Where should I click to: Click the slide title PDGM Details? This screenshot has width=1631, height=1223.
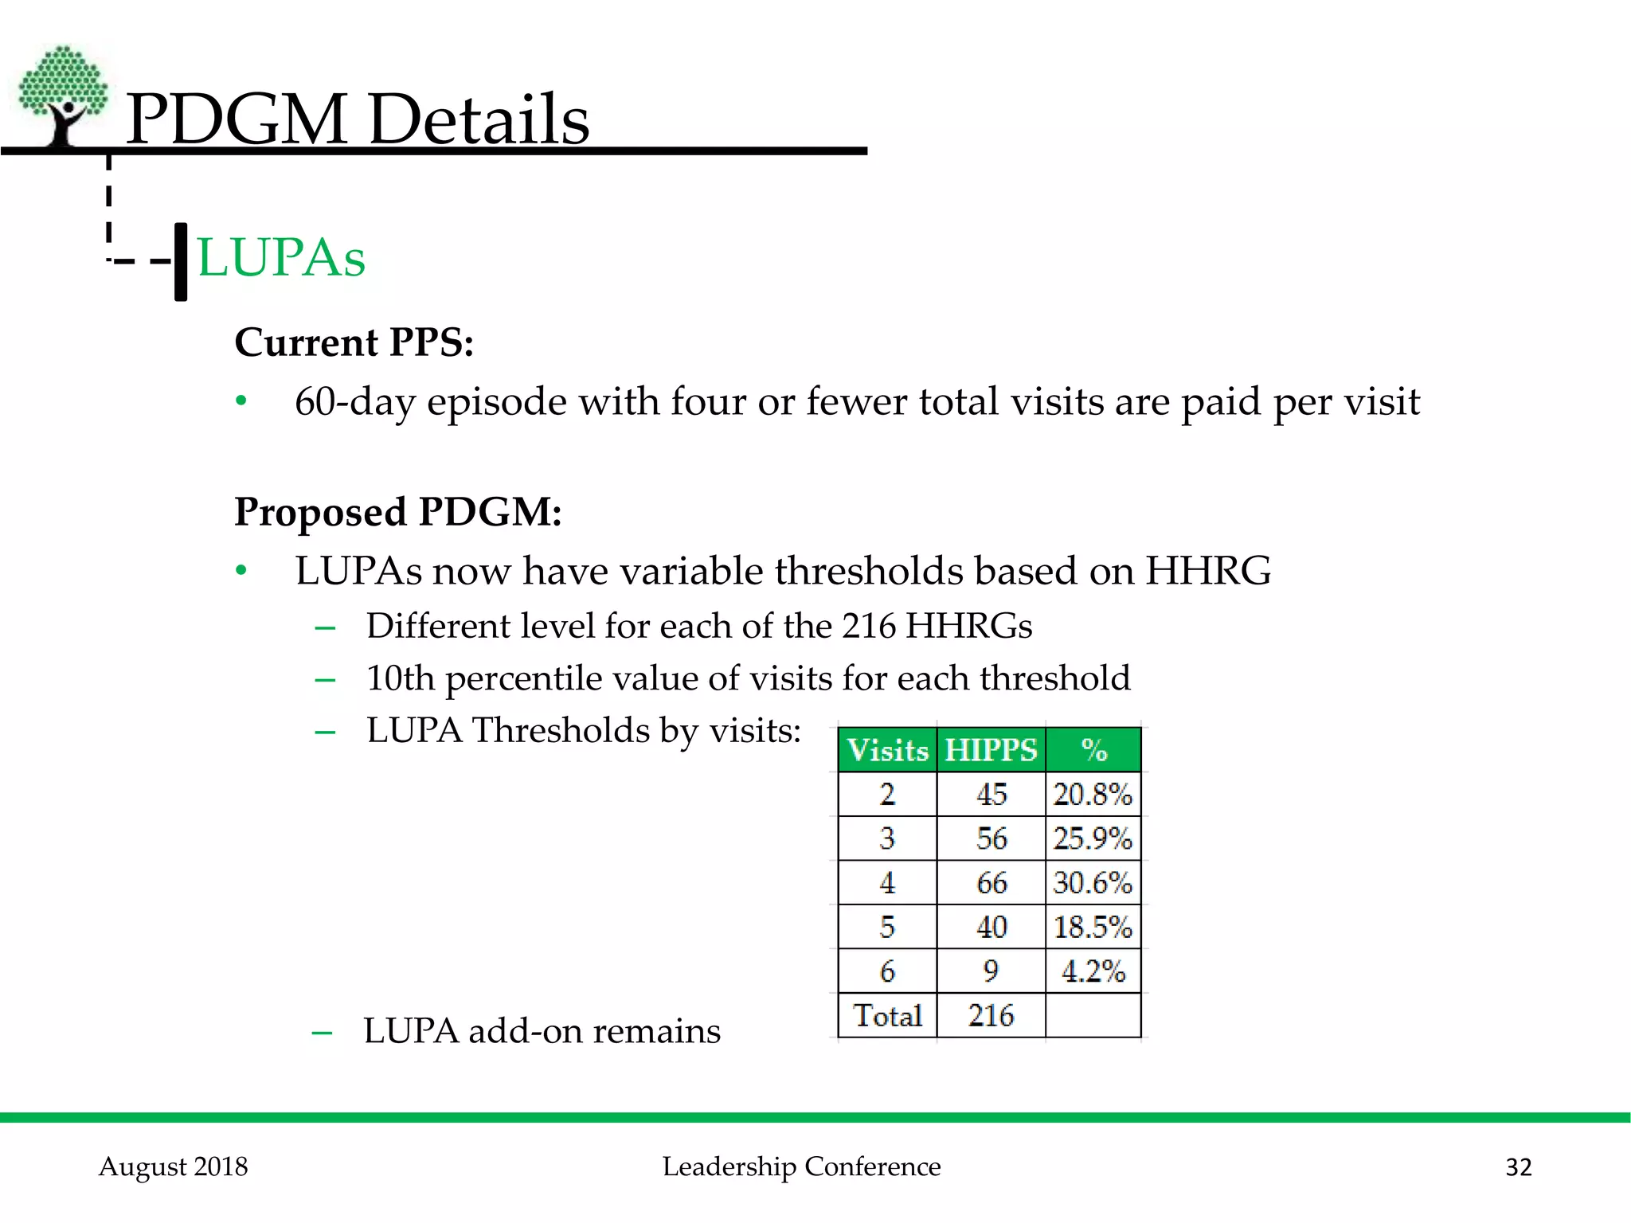[358, 119]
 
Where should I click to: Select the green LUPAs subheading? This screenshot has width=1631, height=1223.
[281, 257]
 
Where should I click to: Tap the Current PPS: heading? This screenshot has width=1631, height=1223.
[354, 342]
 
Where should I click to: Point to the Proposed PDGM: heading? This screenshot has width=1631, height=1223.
[398, 511]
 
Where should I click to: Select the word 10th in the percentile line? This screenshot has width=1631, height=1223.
[400, 678]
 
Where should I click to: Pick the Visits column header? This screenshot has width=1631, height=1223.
[887, 750]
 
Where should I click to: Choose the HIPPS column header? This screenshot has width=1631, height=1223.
[991, 750]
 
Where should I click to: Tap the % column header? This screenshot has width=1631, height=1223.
[1093, 750]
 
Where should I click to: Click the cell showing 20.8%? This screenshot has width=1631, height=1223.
[1093, 795]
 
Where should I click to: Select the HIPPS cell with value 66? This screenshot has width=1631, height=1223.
[992, 883]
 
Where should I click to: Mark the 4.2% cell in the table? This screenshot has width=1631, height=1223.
[1093, 971]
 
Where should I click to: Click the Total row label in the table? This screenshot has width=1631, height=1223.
[887, 1016]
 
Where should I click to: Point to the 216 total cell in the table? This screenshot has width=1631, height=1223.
[992, 1016]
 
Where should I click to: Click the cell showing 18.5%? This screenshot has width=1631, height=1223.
[1093, 928]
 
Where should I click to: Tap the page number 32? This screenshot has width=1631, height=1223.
[1518, 1167]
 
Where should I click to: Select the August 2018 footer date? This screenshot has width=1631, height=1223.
[174, 1166]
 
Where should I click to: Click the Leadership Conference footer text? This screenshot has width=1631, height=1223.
[801, 1166]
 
